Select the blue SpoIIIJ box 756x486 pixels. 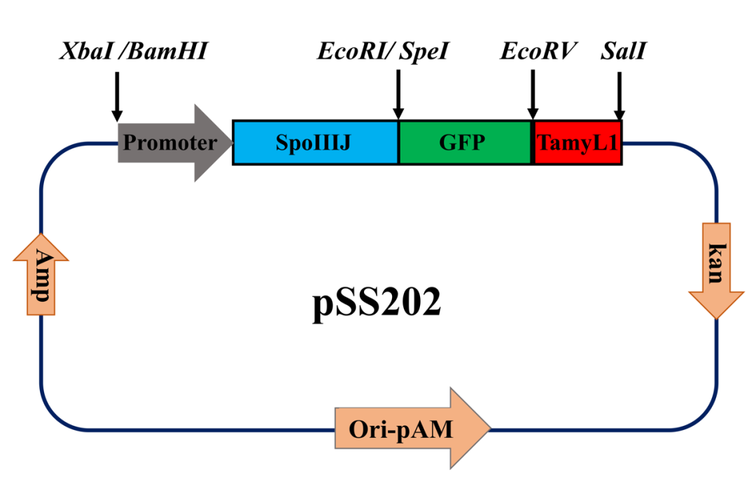point(315,144)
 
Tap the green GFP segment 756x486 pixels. point(464,144)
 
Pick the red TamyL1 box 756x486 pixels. point(577,144)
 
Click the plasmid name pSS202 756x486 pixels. point(377,305)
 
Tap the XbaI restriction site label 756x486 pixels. point(87,51)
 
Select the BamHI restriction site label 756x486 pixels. point(165,51)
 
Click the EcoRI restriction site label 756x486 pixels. point(353,51)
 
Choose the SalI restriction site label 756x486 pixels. point(622,51)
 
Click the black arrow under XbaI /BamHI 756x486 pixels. point(117,95)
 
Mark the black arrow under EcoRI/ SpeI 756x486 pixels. point(398,95)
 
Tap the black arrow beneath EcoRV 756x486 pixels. point(532,95)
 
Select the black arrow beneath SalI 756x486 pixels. point(619,95)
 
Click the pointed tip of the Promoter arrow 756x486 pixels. point(229,144)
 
